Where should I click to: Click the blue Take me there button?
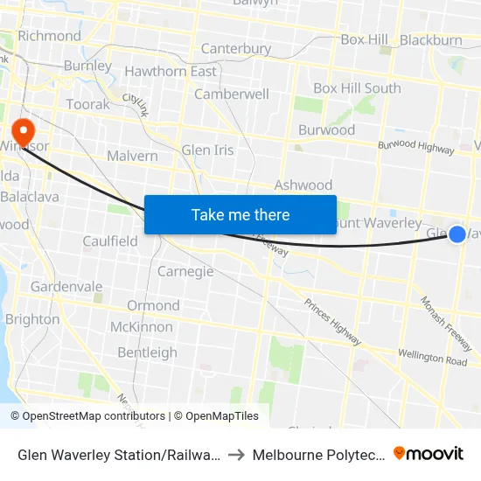[240, 214]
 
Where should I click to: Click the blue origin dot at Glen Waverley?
[457, 234]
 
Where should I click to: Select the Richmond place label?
[49, 36]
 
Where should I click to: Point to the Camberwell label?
[232, 94]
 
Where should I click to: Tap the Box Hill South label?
[357, 88]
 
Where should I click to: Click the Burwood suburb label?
[327, 130]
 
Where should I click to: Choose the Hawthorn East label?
[171, 71]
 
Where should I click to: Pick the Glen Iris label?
[207, 150]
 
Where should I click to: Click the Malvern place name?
[132, 156]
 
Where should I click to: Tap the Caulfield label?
[110, 240]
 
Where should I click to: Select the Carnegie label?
[185, 271]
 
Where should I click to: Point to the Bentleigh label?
[147, 352]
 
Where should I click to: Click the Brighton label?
[32, 319]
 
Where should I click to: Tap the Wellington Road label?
[433, 357]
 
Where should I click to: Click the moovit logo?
[429, 453]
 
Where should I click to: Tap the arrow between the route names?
[236, 455]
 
